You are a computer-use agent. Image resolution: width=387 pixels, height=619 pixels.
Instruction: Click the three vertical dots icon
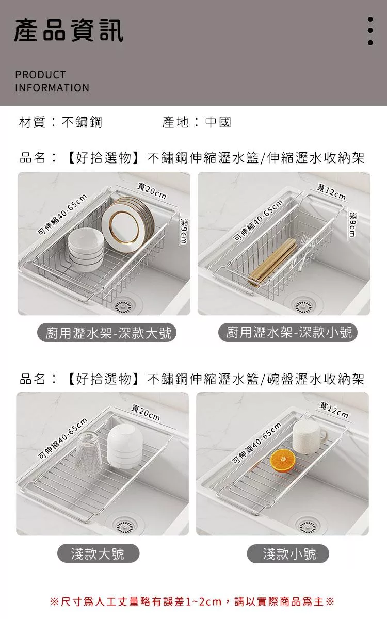370,30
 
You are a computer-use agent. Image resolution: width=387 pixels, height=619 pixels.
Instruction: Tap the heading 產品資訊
69,30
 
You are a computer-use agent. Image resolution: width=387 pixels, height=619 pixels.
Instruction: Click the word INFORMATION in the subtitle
52,88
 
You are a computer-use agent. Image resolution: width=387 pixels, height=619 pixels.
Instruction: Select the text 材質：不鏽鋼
60,122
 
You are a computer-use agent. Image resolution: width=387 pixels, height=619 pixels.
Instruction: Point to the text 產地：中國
197,122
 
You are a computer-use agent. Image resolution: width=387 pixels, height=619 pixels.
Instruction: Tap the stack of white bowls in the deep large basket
86,249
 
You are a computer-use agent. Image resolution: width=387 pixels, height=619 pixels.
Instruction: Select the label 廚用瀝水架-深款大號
107,332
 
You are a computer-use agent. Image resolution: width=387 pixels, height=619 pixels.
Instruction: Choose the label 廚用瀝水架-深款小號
288,332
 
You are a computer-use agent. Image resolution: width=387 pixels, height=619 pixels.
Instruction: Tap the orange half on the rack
283,461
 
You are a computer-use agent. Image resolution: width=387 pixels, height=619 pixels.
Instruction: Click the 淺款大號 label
98,553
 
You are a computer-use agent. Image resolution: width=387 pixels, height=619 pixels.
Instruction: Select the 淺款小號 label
288,553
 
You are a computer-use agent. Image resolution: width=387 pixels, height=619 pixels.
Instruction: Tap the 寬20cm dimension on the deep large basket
152,191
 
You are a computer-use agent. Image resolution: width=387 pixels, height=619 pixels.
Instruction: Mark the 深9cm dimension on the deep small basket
352,224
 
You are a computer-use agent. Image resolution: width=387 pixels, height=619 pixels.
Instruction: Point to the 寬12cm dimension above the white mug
334,410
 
